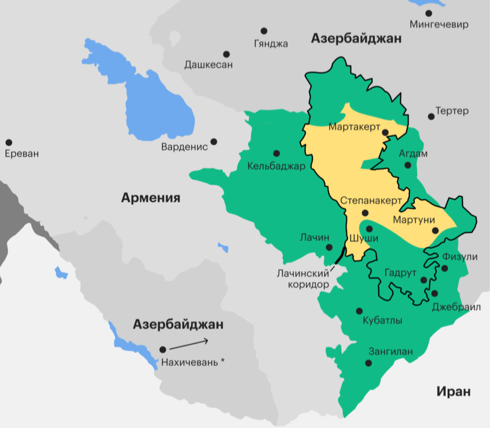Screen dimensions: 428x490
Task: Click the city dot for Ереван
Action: click(9, 143)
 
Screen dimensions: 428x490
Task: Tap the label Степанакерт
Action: click(367, 200)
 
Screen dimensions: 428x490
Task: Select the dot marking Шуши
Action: click(369, 229)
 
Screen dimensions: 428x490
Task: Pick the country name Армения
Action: click(151, 198)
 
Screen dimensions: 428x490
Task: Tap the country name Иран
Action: click(454, 392)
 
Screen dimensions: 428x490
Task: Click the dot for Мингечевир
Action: click(429, 13)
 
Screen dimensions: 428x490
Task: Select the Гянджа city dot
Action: click(264, 31)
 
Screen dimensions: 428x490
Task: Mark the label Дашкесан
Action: click(208, 65)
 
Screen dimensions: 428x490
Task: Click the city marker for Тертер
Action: click(431, 116)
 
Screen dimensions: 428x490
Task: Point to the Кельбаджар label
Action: click(276, 166)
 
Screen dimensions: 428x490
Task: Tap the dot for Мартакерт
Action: click(385, 132)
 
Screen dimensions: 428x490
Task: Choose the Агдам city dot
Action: click(408, 165)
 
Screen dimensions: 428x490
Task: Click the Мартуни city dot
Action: click(435, 230)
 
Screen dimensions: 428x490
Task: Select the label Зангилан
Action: click(390, 352)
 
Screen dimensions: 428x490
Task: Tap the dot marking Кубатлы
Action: click(359, 311)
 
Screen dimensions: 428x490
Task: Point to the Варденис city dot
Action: click(214, 142)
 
